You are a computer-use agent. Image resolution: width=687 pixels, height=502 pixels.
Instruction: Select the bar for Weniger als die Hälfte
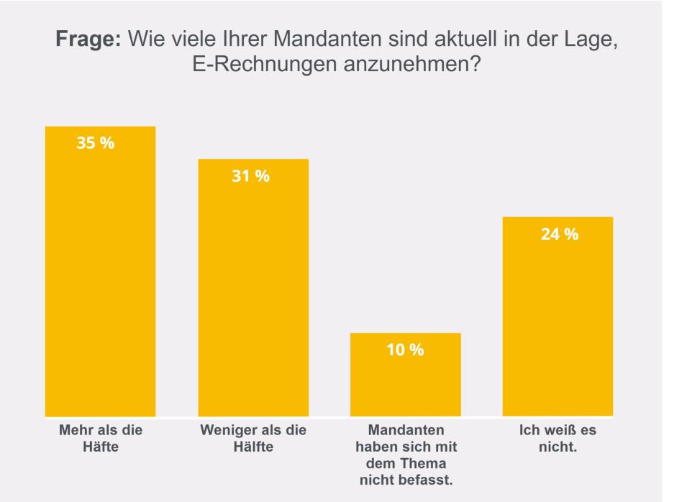(x=253, y=287)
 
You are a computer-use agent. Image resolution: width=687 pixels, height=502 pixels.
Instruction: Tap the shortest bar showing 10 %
(x=405, y=374)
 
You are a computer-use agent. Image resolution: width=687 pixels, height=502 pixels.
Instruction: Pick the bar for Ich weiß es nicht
(x=558, y=316)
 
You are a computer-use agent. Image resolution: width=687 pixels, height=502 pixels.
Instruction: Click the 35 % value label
(x=96, y=142)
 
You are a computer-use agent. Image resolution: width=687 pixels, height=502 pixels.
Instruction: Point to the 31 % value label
(x=250, y=176)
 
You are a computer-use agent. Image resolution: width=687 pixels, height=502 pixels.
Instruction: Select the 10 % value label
(x=406, y=350)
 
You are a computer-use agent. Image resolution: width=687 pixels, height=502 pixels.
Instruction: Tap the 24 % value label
(x=559, y=234)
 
